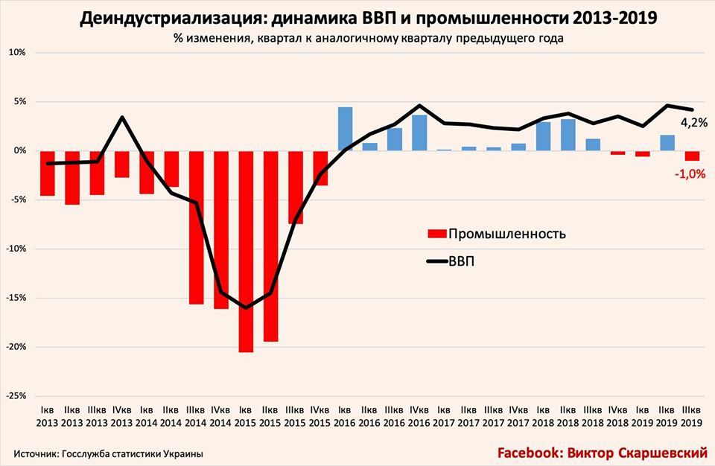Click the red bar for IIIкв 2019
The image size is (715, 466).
pyautogui.click(x=692, y=156)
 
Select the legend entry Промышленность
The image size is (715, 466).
pyautogui.click(x=506, y=233)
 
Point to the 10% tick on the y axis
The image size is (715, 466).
pyautogui.click(x=17, y=53)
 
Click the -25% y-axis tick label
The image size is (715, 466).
pyautogui.click(x=16, y=395)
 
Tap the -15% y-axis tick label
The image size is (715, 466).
pyautogui.click(x=16, y=298)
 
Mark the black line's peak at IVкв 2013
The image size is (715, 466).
pyautogui.click(x=122, y=117)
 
